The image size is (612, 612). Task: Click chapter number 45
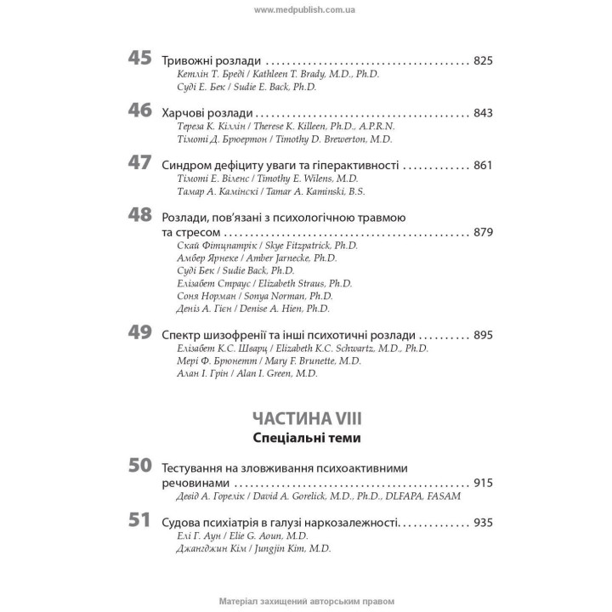(x=139, y=59)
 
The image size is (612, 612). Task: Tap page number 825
(x=483, y=62)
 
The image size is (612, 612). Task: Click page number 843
(x=483, y=113)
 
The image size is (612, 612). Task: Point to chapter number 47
(x=139, y=162)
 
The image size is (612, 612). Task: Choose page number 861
(x=483, y=165)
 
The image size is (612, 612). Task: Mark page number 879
(x=483, y=231)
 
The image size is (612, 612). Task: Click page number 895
(x=483, y=335)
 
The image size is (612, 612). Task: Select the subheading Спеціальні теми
(x=307, y=439)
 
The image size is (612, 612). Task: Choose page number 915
(x=483, y=483)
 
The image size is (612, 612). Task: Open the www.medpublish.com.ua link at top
(x=306, y=8)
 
